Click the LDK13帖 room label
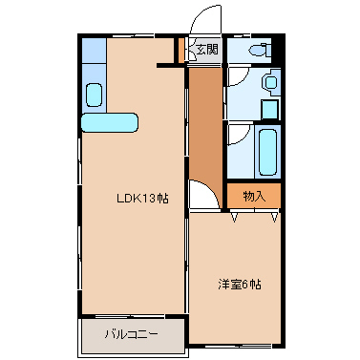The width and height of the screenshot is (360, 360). pyautogui.click(x=142, y=199)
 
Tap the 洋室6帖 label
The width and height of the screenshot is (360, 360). pyautogui.click(x=240, y=285)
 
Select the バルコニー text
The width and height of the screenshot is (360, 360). pyautogui.click(x=131, y=334)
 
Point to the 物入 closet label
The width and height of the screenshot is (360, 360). pyautogui.click(x=254, y=197)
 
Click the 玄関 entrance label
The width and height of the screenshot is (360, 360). pyautogui.click(x=207, y=50)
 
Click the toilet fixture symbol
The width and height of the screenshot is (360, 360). pyautogui.click(x=260, y=50)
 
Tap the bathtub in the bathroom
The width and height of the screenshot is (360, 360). pyautogui.click(x=267, y=152)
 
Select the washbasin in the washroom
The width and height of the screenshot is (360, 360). pyautogui.click(x=271, y=83)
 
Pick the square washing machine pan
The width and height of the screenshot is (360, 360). pyautogui.click(x=269, y=109)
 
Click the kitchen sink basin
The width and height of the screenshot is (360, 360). pyautogui.click(x=94, y=95)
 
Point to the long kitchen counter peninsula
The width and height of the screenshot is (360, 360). pyautogui.click(x=110, y=122)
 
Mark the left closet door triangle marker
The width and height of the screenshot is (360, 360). pyautogui.click(x=235, y=217)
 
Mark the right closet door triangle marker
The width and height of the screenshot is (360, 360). pyautogui.click(x=274, y=217)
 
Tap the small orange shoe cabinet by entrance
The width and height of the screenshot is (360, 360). pyautogui.click(x=181, y=51)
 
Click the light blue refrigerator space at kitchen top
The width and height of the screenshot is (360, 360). pyautogui.click(x=95, y=51)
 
